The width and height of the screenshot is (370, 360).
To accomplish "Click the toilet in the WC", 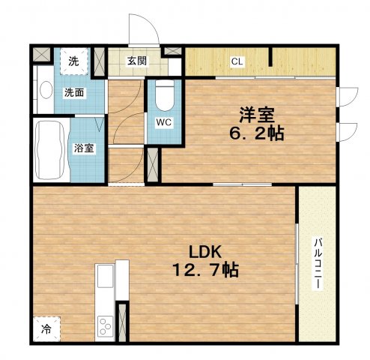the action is coord(165,95).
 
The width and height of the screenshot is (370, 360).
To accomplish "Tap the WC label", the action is coord(164,122).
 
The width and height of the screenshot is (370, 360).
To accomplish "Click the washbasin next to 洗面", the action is coord(46,90).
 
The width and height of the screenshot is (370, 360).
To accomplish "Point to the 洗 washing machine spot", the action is coord(74,61).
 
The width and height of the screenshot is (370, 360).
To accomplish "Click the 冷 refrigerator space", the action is coord(46,329).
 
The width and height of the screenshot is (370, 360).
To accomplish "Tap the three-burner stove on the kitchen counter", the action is coord(105,326).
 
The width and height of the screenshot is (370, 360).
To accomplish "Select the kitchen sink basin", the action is coord(106,276).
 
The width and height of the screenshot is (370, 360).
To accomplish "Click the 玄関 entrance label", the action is coord(137,61).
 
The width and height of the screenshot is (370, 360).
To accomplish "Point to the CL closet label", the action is coord(237,61).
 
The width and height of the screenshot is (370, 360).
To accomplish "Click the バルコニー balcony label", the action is coord(318,263).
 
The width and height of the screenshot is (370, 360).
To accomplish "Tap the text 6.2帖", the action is coord(257,133).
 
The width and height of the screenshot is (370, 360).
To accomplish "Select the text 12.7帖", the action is coord(205,270).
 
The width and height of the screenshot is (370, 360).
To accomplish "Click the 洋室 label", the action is coord(257,115).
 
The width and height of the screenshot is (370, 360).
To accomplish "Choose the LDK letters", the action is coord(205,252).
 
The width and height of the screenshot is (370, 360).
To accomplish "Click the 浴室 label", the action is coord(84,148).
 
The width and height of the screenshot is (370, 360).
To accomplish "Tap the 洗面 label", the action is coord(74,93).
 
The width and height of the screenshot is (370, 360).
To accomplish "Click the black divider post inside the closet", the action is coord(270,57).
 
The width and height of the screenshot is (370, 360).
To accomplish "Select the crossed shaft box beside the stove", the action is coord(122,322).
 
